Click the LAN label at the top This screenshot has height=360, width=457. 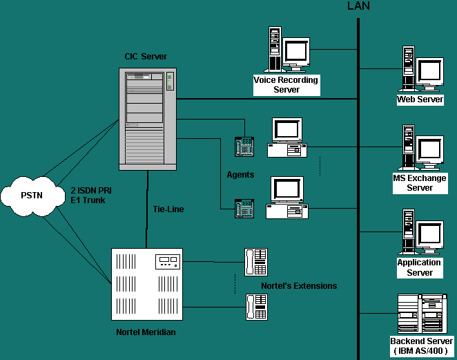(x=358, y=7)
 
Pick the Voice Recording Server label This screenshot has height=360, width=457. (x=286, y=85)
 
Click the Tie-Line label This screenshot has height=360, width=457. (x=168, y=209)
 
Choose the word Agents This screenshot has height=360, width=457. (x=240, y=175)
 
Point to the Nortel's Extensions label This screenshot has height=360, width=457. (x=299, y=285)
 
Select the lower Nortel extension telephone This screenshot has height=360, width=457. (x=256, y=307)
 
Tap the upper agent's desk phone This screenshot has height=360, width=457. (x=244, y=146)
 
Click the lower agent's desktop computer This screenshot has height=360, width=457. (x=286, y=198)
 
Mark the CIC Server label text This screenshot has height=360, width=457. (x=145, y=56)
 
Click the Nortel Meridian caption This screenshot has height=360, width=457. (x=146, y=332)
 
